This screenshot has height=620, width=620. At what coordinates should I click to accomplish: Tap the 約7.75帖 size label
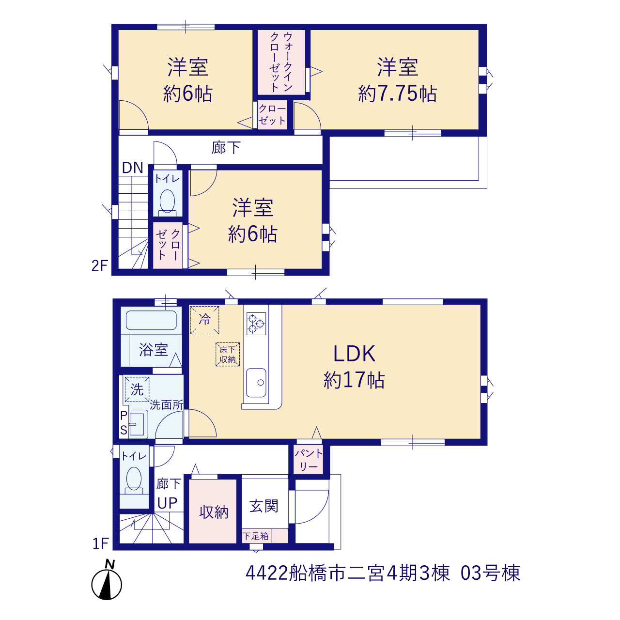[397, 94]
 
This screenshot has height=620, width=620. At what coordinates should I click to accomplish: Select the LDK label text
[354, 354]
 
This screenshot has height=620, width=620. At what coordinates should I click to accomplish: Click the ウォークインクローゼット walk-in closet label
[281, 62]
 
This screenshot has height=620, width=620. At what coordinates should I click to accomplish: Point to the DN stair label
[133, 168]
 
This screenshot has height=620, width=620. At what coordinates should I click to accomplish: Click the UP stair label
[167, 503]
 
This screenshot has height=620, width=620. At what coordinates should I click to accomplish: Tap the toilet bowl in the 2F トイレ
[167, 201]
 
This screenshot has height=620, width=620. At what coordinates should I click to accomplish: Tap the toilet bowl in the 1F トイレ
[134, 480]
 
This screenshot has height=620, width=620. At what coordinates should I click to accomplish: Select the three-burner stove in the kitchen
[256, 324]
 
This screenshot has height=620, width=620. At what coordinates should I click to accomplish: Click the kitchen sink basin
[256, 383]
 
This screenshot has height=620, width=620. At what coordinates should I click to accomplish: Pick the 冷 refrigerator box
[204, 320]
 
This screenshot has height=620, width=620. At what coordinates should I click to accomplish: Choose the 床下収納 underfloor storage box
[228, 354]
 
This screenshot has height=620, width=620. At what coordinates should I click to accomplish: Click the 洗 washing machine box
[137, 389]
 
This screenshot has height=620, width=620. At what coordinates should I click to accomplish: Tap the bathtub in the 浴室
[151, 320]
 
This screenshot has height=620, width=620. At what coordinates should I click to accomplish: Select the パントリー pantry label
[309, 460]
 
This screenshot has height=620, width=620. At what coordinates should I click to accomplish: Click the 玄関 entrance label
[264, 506]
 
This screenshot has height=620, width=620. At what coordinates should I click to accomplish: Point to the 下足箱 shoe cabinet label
[256, 536]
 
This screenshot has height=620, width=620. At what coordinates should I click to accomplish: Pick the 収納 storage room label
[214, 512]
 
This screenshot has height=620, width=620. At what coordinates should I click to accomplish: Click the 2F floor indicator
[99, 266]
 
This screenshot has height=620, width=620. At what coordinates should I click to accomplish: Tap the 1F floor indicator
[100, 543]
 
